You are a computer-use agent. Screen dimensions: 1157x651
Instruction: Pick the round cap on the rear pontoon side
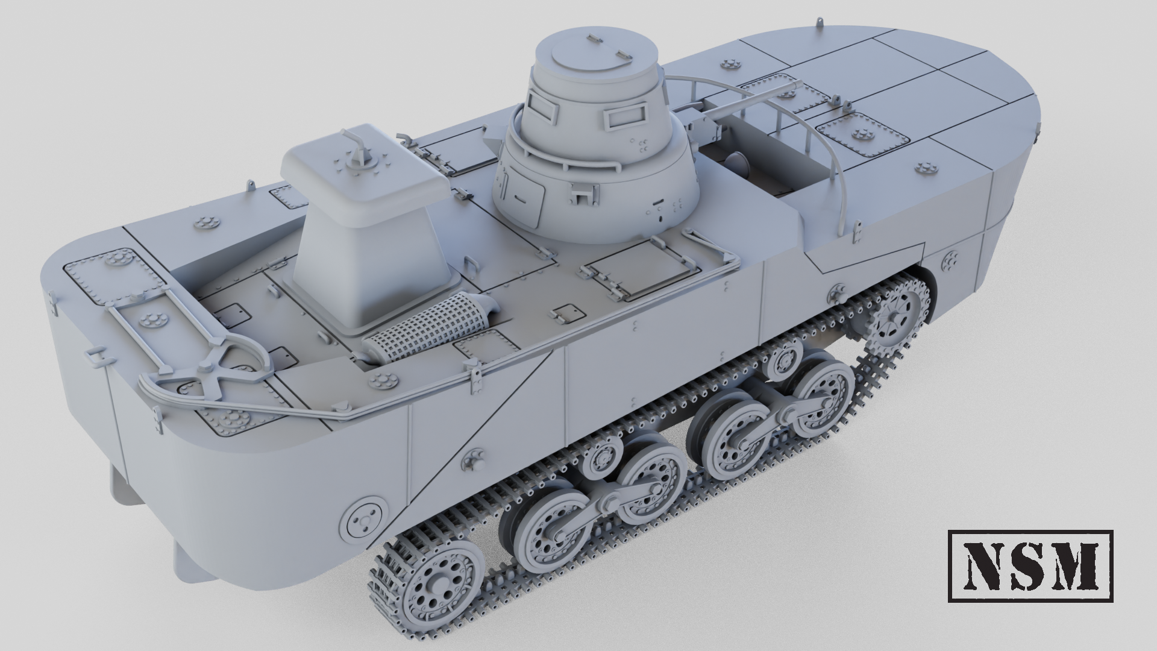click(364, 517)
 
